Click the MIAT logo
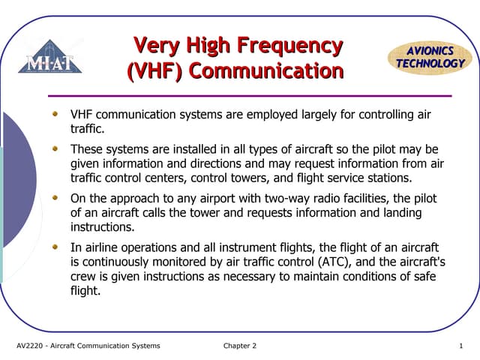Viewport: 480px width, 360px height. click(x=50, y=58)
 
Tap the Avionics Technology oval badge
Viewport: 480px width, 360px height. click(x=430, y=58)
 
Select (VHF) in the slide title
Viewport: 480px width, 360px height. click(x=154, y=72)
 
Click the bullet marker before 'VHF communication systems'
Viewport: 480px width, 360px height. click(x=54, y=115)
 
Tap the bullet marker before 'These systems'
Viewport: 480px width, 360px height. click(x=54, y=149)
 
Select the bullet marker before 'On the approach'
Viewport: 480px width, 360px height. click(x=54, y=198)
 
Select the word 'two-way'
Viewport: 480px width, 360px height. click(x=321, y=199)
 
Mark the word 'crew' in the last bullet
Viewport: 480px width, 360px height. click(x=83, y=277)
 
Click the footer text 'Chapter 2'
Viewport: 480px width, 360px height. click(x=239, y=346)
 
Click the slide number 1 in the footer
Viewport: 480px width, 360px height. click(x=461, y=346)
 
